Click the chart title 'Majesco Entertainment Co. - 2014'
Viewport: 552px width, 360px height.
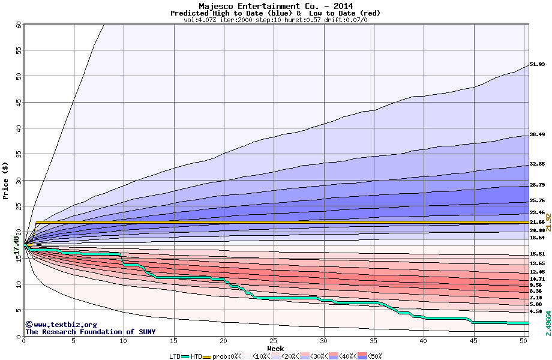[x=275, y=6]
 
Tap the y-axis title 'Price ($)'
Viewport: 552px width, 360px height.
[x=6, y=181]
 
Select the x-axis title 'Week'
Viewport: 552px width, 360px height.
[x=275, y=349]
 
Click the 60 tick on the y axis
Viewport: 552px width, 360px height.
[x=18, y=25]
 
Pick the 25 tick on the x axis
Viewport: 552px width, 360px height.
[x=274, y=341]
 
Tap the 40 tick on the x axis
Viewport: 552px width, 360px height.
[x=424, y=341]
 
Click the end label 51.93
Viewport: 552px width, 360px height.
[x=537, y=65]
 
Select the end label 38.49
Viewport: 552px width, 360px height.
[x=537, y=135]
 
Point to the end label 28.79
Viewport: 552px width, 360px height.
[x=537, y=185]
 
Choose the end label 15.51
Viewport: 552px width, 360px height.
[x=537, y=254]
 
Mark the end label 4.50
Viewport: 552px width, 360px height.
[x=537, y=311]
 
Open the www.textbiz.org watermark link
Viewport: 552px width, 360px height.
[x=61, y=325]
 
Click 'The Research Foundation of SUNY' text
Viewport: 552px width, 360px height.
[x=90, y=332]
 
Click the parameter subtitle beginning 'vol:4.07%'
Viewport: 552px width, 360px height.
[x=275, y=20]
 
